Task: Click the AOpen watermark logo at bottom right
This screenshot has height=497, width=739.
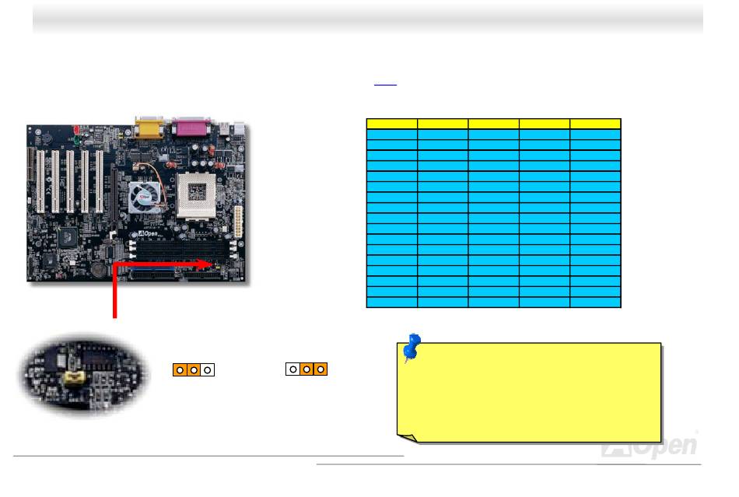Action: pos(650,445)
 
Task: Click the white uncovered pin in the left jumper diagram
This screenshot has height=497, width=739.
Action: pos(208,369)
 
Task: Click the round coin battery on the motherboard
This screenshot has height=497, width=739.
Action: pos(96,268)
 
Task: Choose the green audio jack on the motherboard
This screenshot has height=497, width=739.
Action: pos(73,142)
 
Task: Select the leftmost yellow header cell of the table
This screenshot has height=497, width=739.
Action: pos(391,123)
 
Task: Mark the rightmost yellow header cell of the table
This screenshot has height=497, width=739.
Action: pos(595,123)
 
